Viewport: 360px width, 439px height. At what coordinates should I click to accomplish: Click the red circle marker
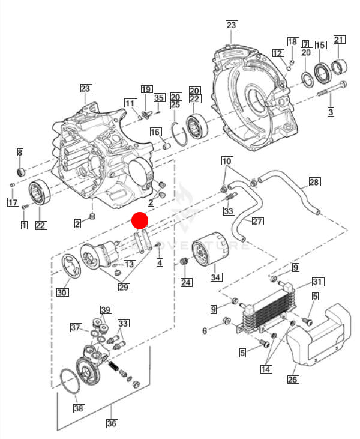[x=140, y=220]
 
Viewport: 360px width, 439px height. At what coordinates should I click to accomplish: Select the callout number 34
[x=215, y=278]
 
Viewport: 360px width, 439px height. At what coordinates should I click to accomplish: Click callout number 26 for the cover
[x=292, y=379]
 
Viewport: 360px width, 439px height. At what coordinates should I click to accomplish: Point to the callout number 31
[x=317, y=282]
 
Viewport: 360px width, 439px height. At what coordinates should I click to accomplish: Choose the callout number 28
[x=314, y=182]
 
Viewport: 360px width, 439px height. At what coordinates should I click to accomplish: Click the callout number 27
[x=257, y=221]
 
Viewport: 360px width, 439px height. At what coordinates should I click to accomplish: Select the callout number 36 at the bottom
[x=112, y=423]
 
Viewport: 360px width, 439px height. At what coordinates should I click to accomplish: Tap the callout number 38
[x=79, y=408]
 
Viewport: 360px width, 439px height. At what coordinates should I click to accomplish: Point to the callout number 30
[x=62, y=292]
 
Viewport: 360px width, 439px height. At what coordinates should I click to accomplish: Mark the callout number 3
[x=331, y=112]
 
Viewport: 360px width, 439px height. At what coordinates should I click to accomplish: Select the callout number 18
[x=292, y=41]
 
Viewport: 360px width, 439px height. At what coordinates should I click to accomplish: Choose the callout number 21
[x=339, y=40]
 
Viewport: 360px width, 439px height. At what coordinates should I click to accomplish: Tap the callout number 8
[x=20, y=153]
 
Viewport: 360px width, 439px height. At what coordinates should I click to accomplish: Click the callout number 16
[x=154, y=132]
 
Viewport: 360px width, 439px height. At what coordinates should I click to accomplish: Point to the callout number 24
[x=186, y=282]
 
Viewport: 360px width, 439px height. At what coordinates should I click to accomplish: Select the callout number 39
[x=106, y=310]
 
